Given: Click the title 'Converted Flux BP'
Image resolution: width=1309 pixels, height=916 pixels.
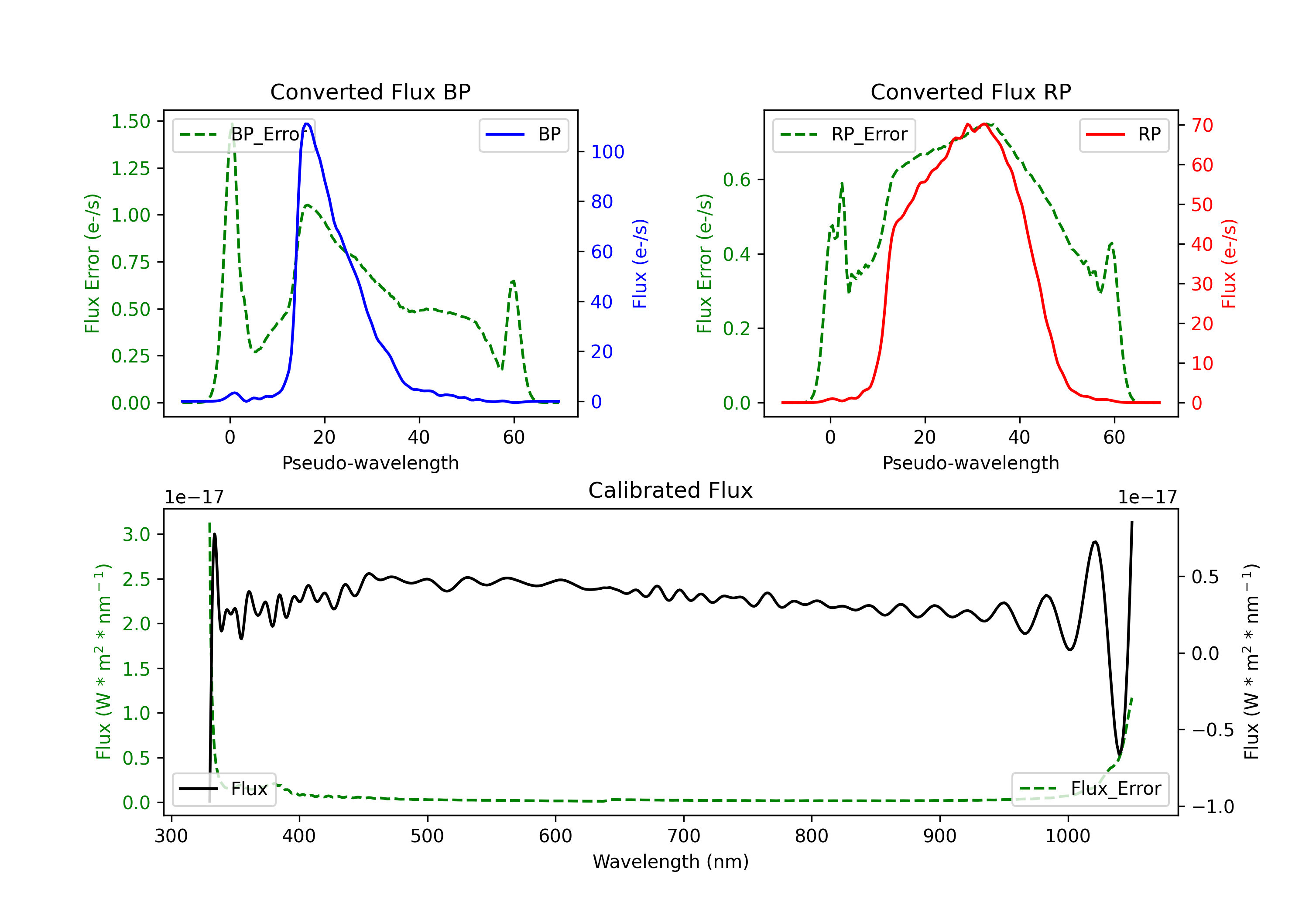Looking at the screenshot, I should coord(370,92).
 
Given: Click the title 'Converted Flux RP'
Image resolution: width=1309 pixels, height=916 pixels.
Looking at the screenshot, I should coord(970,92).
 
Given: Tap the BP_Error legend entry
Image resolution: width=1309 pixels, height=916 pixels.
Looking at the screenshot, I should coord(244,134).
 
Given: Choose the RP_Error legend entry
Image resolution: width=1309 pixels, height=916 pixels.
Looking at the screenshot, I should coord(844,134).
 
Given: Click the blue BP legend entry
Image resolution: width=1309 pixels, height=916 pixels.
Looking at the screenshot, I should coord(523,134).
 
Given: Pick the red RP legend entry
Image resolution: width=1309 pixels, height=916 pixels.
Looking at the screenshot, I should coord(1124,134).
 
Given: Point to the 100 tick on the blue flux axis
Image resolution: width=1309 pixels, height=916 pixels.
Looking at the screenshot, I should coord(607,152).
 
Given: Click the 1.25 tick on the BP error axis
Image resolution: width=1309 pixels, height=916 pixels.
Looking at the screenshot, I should coord(130,168).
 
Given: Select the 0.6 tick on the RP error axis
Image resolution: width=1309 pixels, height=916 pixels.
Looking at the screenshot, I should coord(737,180).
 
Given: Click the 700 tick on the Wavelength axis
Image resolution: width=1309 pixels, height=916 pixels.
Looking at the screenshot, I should coord(684,836).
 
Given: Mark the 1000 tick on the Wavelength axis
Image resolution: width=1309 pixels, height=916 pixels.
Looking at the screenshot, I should coord(1067,836).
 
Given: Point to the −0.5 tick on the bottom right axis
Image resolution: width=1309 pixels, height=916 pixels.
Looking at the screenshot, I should coord(1212,730).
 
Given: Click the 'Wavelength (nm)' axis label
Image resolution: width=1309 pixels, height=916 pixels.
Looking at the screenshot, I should coord(671,861).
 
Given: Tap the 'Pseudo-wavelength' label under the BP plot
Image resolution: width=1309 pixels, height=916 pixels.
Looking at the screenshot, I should coord(370,463).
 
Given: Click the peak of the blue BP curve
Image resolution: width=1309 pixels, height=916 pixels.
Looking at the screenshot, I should coord(307,124).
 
